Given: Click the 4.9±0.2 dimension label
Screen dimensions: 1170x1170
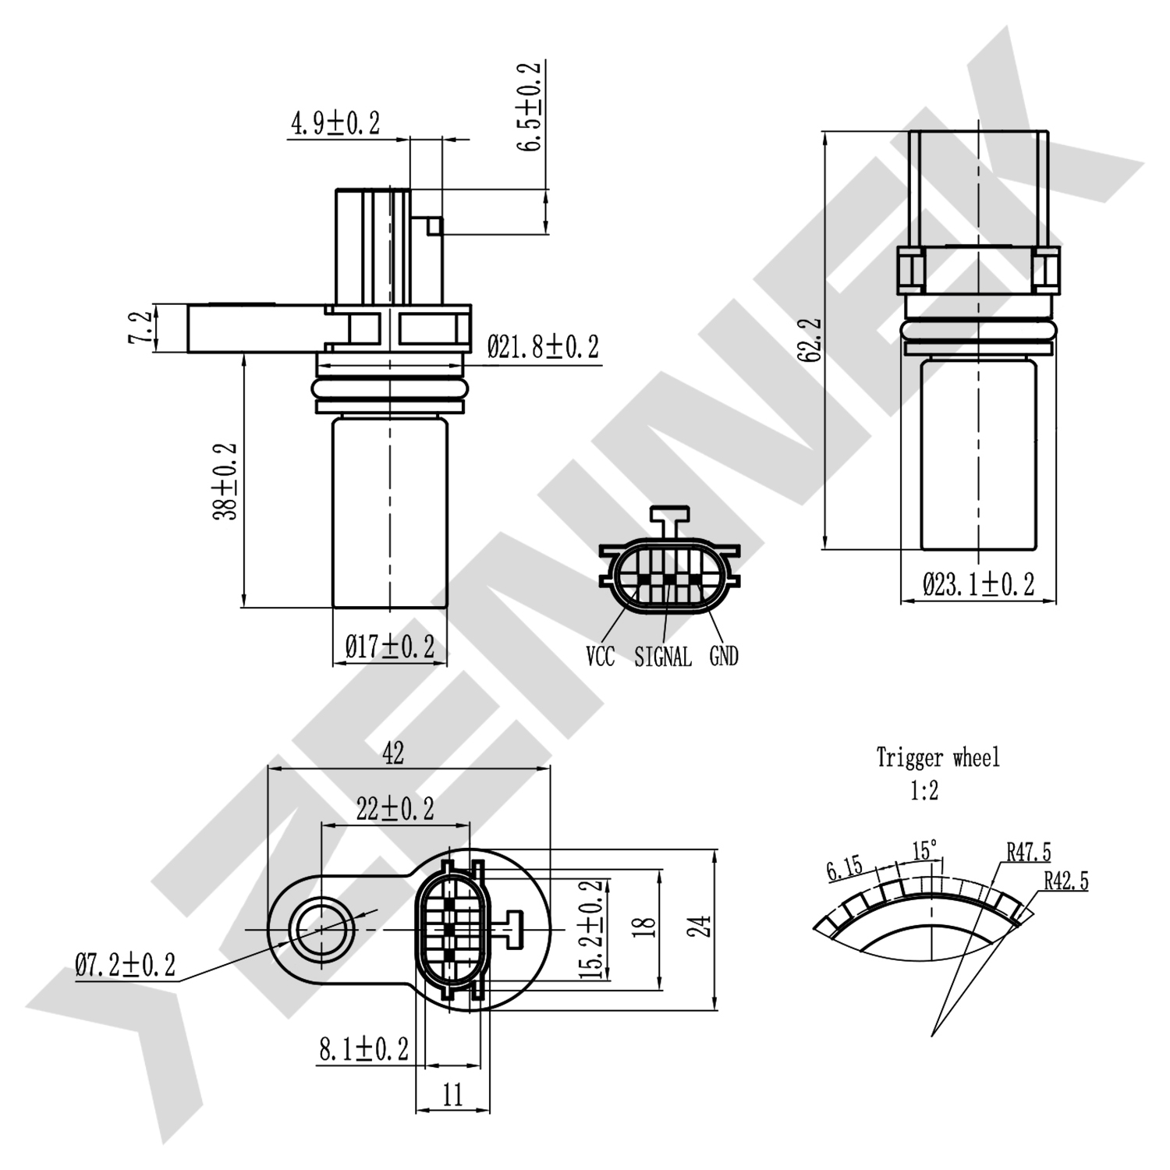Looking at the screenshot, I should [335, 123].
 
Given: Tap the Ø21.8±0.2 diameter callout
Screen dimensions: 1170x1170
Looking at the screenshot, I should [543, 347].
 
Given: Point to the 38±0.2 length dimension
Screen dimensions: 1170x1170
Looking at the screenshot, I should [225, 481].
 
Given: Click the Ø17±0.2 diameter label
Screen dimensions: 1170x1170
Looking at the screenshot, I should [389, 647].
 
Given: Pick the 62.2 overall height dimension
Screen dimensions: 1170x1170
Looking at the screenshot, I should [810, 339].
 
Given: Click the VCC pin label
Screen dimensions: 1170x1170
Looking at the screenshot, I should [600, 657].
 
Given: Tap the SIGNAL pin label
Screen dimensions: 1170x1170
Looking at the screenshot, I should [662, 657].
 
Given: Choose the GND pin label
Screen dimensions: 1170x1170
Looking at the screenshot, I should [723, 657].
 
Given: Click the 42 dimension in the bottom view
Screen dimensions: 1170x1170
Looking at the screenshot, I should [393, 753].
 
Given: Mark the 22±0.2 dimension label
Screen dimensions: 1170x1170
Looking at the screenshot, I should [395, 810].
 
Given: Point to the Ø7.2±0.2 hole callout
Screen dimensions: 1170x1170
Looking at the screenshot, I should [125, 966].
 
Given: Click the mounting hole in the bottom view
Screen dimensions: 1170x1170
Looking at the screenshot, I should [321, 930].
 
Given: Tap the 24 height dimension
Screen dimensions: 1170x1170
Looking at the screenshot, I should [704, 927].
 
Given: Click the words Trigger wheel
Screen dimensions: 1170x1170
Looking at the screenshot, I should [938, 757].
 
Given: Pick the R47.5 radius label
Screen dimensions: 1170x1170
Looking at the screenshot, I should [1028, 852].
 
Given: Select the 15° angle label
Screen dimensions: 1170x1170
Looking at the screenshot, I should [924, 849].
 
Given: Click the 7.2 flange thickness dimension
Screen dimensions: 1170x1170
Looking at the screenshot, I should [140, 328].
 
